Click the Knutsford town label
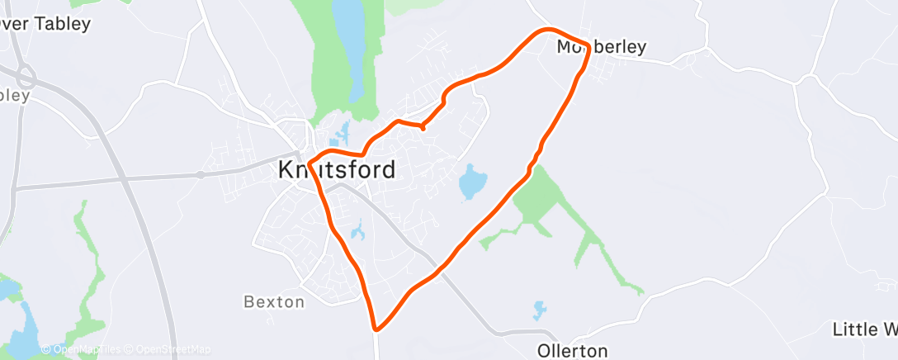tap(336, 170)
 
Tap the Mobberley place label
tap(600, 48)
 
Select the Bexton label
tap(274, 302)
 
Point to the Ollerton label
tap(572, 350)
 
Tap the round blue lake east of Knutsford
tap(472, 182)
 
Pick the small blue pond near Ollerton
tap(540, 310)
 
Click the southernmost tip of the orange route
tap(376, 329)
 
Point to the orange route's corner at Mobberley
tap(587, 45)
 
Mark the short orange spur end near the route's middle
tap(423, 128)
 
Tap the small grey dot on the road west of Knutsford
tap(201, 174)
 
